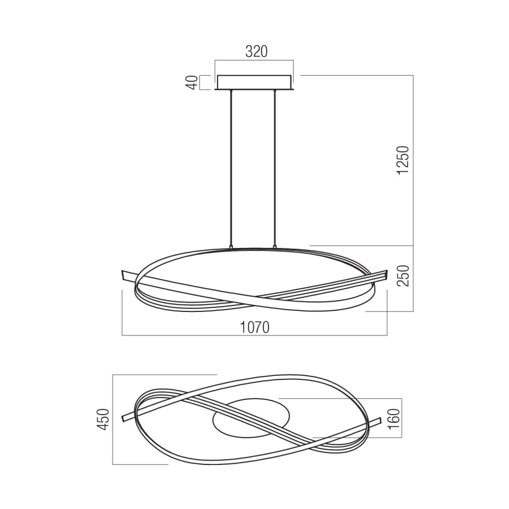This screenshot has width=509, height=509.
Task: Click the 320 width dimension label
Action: coord(256,52)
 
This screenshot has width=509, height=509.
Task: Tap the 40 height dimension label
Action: coord(191,83)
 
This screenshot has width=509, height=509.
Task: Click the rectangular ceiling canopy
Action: coord(254,83)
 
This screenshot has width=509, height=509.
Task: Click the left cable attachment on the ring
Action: coord(232,247)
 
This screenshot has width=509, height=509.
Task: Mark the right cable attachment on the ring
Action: coord(273,247)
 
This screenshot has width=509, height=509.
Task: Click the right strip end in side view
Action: coord(384,274)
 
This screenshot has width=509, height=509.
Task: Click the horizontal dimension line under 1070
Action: coord(254,335)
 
